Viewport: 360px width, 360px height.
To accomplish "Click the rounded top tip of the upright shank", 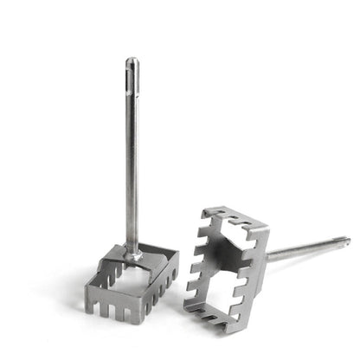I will [x=132, y=61].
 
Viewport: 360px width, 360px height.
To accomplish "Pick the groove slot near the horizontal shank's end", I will [x=333, y=243].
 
